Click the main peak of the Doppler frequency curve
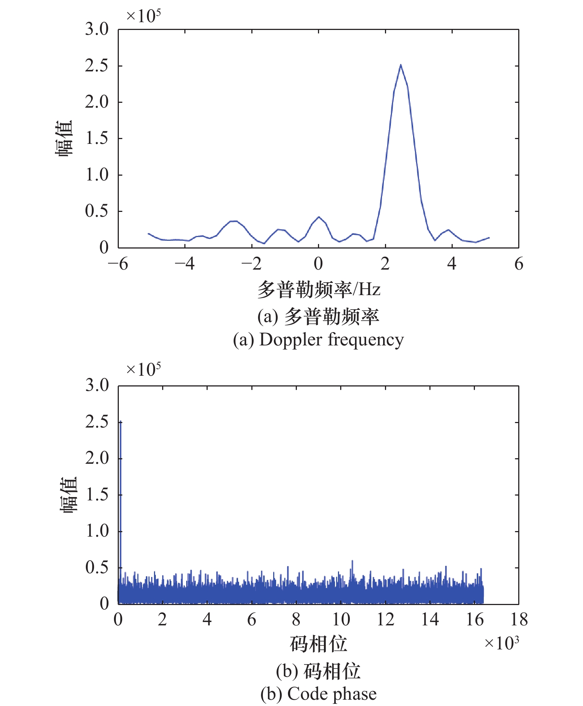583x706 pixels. (x=401, y=65)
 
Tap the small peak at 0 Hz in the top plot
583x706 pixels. (x=319, y=217)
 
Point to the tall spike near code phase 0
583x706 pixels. (x=120, y=422)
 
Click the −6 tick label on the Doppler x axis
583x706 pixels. (x=118, y=264)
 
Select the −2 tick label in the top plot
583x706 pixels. (x=251, y=264)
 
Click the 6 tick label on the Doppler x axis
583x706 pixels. (x=519, y=264)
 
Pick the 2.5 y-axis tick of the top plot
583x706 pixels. (x=97, y=66)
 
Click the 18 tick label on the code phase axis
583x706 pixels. (x=519, y=620)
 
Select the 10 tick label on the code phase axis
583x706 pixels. (x=341, y=620)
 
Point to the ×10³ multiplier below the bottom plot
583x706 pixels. (x=502, y=643)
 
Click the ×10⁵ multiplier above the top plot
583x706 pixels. (x=143, y=16)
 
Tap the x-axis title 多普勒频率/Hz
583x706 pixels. (x=319, y=289)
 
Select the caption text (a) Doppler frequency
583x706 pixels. (x=318, y=340)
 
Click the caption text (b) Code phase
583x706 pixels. (x=318, y=694)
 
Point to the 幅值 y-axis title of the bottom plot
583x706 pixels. (x=68, y=495)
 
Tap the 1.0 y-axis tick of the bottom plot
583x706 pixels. (x=97, y=531)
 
